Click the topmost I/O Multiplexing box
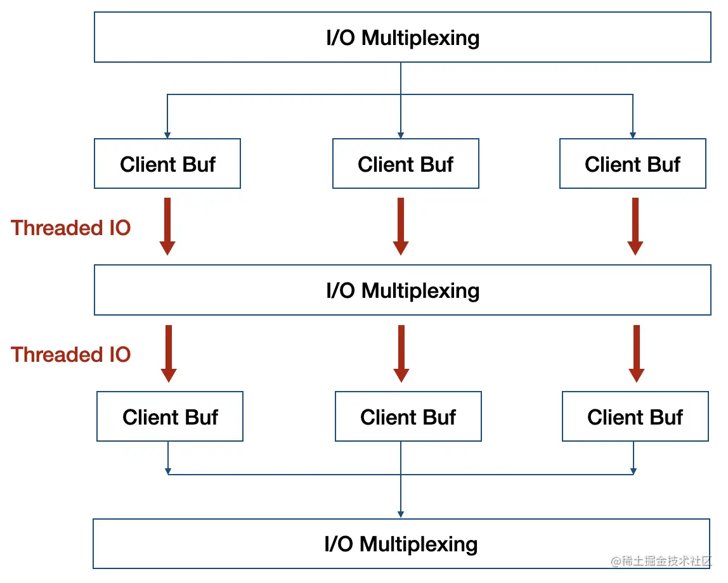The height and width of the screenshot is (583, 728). point(403,37)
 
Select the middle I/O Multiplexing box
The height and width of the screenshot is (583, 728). point(403,290)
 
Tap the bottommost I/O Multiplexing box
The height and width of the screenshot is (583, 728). point(401,544)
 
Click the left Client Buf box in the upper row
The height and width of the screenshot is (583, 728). point(167,163)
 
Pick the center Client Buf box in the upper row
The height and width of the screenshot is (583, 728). point(406,163)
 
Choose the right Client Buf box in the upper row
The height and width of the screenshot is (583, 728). point(633,163)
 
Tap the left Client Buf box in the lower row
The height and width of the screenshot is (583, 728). point(170,416)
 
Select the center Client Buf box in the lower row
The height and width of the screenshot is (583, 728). point(408,416)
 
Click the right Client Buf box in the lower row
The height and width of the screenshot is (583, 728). point(635,416)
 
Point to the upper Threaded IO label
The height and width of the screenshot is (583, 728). point(70,227)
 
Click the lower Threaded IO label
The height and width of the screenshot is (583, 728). point(70,354)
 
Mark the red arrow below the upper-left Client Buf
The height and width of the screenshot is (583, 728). point(167,226)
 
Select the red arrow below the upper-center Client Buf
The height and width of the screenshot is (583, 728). point(401,226)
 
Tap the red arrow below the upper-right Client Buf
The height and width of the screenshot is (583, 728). point(635,226)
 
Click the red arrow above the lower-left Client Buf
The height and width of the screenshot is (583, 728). point(169,354)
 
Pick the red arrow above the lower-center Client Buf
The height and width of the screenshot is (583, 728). point(401,354)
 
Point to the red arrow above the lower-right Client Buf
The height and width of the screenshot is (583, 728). point(637,354)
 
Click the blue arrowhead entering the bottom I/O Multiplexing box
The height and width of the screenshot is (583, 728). point(401,515)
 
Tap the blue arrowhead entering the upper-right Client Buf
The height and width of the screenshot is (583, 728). point(633,135)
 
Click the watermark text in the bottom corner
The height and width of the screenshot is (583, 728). point(661,561)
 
